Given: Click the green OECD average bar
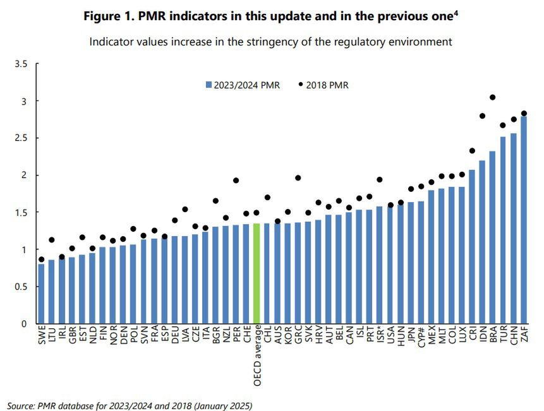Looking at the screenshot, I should [257, 273].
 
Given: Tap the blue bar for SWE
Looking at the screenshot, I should [41, 294].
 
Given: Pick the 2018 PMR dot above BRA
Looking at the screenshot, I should [493, 97].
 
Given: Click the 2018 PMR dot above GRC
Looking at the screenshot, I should [298, 178].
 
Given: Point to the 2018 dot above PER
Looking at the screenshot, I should [236, 181].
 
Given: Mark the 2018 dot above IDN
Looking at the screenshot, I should [483, 116].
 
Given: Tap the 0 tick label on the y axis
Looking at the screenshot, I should [25, 324].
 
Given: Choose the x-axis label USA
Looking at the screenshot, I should [390, 337].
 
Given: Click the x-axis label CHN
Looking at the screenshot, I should [514, 337].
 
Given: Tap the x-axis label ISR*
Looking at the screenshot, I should [380, 338].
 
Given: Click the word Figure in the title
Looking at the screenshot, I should [104, 16].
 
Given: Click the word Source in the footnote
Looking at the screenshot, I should [23, 403].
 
